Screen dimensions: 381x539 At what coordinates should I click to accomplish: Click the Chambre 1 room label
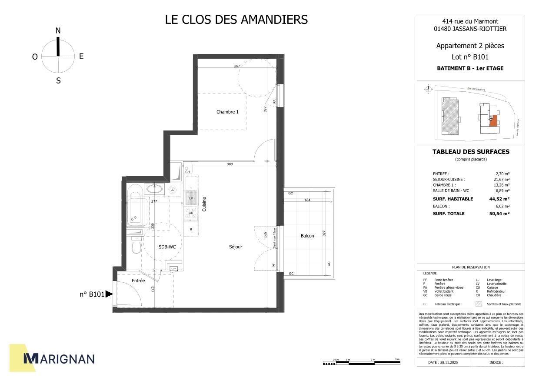(227, 112)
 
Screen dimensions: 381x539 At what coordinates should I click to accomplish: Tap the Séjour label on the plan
(236, 247)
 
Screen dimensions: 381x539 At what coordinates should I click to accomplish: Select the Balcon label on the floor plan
(307, 236)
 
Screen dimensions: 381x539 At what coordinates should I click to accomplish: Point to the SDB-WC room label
(167, 247)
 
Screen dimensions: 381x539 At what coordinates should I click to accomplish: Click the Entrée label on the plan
(138, 281)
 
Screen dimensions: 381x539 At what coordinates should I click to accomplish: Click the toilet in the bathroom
(136, 246)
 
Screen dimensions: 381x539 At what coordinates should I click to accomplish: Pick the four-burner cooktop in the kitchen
(190, 213)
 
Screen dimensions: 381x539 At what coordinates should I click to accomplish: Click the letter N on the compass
(58, 30)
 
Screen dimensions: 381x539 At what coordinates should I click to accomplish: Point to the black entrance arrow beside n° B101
(109, 294)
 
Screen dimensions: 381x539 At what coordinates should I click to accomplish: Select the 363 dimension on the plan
(230, 164)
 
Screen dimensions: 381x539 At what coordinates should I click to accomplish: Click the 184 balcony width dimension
(308, 200)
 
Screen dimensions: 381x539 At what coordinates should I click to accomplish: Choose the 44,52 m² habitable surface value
(499, 199)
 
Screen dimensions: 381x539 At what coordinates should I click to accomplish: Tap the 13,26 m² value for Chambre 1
(502, 185)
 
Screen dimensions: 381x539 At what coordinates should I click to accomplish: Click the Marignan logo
(59, 359)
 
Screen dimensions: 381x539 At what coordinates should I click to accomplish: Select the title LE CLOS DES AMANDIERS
(236, 20)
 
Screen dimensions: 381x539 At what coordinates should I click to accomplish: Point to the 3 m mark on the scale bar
(397, 359)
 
